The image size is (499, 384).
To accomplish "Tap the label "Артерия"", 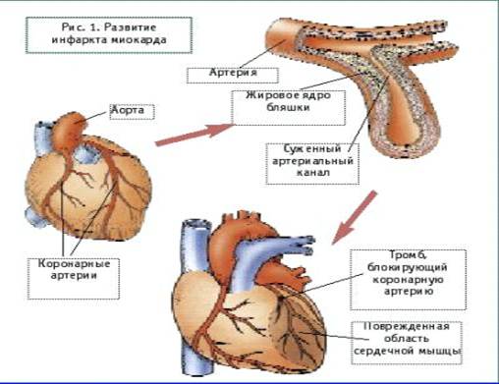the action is click(233, 73).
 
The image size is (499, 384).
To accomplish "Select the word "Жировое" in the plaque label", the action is click(269, 95).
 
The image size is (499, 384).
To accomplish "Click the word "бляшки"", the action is click(288, 107).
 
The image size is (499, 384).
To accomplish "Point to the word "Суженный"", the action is click(312, 149).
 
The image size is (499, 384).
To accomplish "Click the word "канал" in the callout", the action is click(313, 173).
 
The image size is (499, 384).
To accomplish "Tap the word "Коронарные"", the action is click(74, 263).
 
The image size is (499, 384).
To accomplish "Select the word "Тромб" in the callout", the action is click(407, 254).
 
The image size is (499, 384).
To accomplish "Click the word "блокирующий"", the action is click(407, 267).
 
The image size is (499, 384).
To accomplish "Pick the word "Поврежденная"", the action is click(406, 326).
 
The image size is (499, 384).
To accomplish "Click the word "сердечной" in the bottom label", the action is click(380, 351).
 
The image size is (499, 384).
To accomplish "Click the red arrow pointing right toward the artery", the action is click(194, 135).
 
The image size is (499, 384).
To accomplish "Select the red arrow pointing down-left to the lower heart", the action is click(355, 218).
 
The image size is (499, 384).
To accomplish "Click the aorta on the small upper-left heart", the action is click(70, 131).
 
